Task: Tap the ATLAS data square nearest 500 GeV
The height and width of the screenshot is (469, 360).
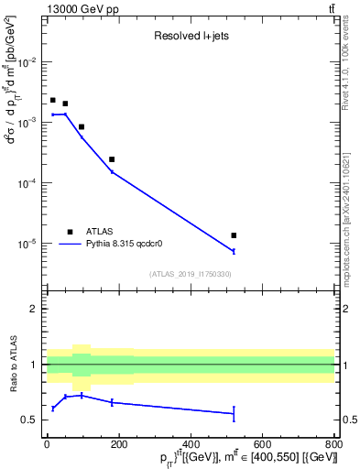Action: (234, 235)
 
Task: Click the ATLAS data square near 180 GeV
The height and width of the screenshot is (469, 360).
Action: (112, 159)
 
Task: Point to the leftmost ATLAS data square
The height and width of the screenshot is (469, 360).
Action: (53, 100)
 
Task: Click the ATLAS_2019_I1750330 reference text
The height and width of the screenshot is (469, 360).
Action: (190, 274)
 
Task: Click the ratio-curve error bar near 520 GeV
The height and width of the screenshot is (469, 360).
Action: (234, 414)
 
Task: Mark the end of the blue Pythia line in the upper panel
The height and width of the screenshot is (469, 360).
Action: (234, 251)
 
